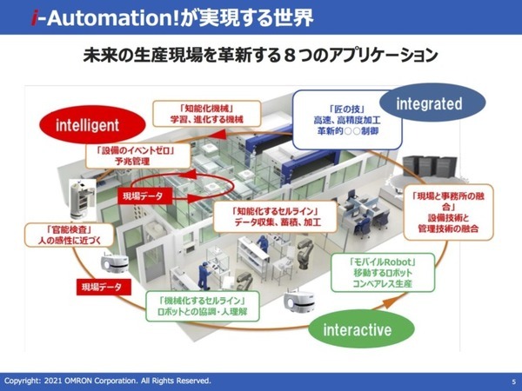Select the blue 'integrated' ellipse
coord(429,104)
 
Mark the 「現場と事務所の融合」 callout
coord(452,213)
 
